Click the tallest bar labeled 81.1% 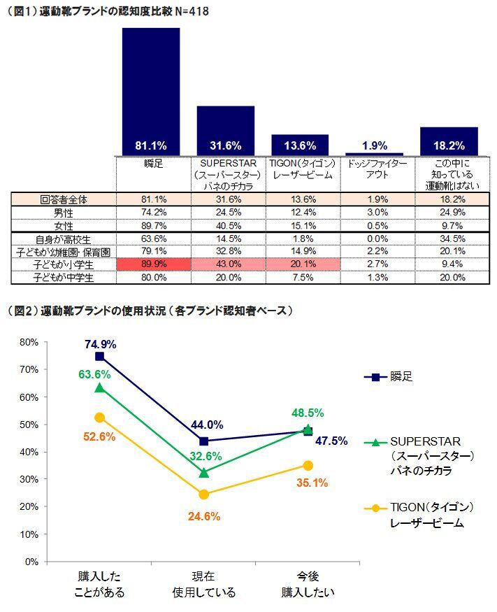pyautogui.click(x=150, y=91)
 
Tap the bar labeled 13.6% pyautogui.click(x=300, y=145)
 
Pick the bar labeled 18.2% pyautogui.click(x=449, y=141)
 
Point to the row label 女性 pyautogui.click(x=63, y=225)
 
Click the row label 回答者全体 pyautogui.click(x=63, y=199)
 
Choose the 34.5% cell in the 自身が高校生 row pyautogui.click(x=449, y=239)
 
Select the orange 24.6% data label pyautogui.click(x=204, y=517)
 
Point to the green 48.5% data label pyautogui.click(x=308, y=413)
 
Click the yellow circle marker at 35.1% pyautogui.click(x=308, y=465)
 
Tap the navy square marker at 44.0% pyautogui.click(x=204, y=441)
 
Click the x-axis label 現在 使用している pyautogui.click(x=204, y=585)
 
